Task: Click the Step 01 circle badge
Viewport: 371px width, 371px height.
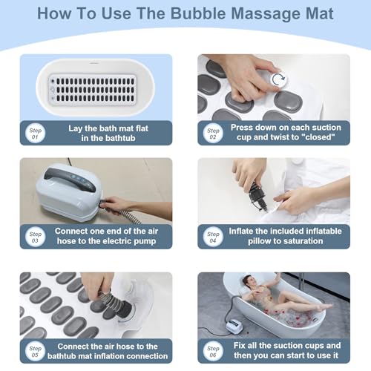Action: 35,133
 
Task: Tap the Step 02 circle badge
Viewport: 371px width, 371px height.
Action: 213,133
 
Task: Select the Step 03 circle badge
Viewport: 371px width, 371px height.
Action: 35,237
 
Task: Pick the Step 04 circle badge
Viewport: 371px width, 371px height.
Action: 213,237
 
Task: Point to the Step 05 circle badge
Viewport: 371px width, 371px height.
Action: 35,351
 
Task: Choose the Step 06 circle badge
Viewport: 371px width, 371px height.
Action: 213,351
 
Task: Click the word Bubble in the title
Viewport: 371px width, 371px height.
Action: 198,13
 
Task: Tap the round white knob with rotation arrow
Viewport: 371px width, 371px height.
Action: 279,79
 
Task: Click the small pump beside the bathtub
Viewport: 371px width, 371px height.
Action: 234,325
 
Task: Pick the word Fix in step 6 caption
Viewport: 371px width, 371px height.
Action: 239,345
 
